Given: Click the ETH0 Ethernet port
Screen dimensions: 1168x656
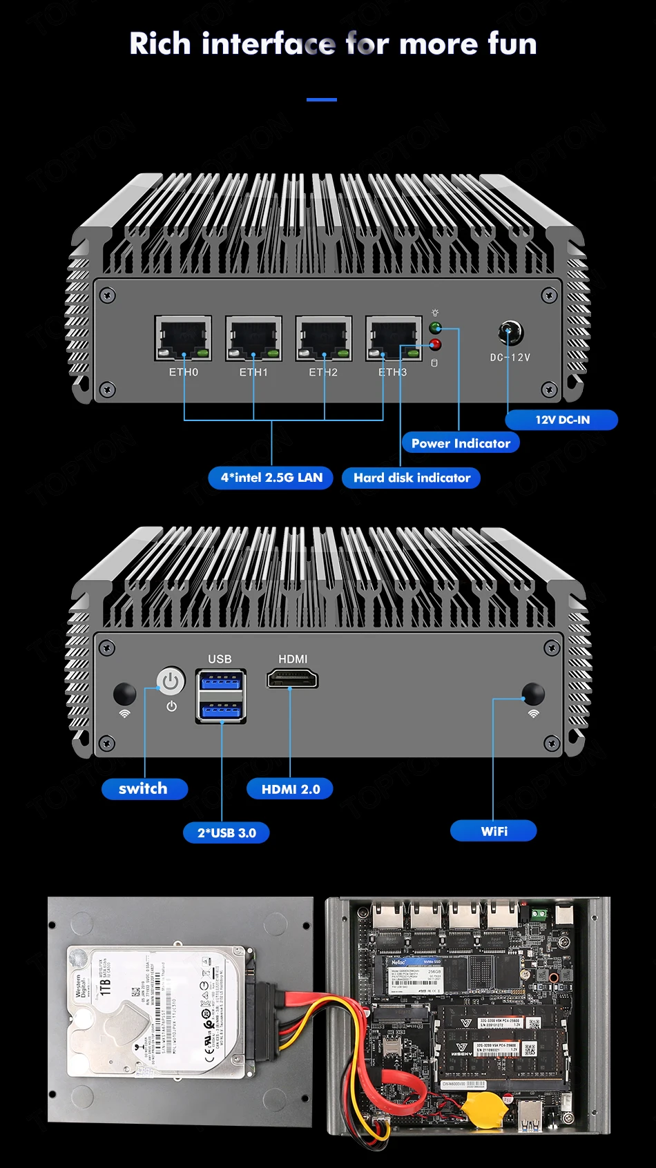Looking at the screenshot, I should tap(183, 338).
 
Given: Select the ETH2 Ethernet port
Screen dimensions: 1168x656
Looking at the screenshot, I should tap(324, 338).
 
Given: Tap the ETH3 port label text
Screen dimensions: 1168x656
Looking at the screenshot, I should tap(393, 372).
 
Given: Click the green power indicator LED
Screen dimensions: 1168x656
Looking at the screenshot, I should tap(435, 328).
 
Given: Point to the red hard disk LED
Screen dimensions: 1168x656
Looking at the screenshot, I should tap(435, 344).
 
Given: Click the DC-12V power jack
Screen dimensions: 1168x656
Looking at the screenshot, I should tap(510, 333).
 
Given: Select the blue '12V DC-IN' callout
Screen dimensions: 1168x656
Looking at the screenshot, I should tap(561, 420).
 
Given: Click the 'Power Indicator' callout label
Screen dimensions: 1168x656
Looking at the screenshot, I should tap(461, 443).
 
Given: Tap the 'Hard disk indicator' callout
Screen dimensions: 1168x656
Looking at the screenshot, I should tap(412, 478).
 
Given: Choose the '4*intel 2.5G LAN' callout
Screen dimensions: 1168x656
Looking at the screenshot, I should tap(271, 478).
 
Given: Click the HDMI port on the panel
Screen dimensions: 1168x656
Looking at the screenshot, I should tap(292, 679).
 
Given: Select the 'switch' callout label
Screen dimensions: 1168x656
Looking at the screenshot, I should tap(144, 789).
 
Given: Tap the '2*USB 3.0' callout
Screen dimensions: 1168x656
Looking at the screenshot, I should tap(226, 833).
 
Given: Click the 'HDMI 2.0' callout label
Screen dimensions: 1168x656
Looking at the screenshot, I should tap(290, 789).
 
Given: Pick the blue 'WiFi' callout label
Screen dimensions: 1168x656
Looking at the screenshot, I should tap(494, 831).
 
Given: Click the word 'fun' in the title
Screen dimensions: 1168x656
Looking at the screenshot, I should tap(512, 44).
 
